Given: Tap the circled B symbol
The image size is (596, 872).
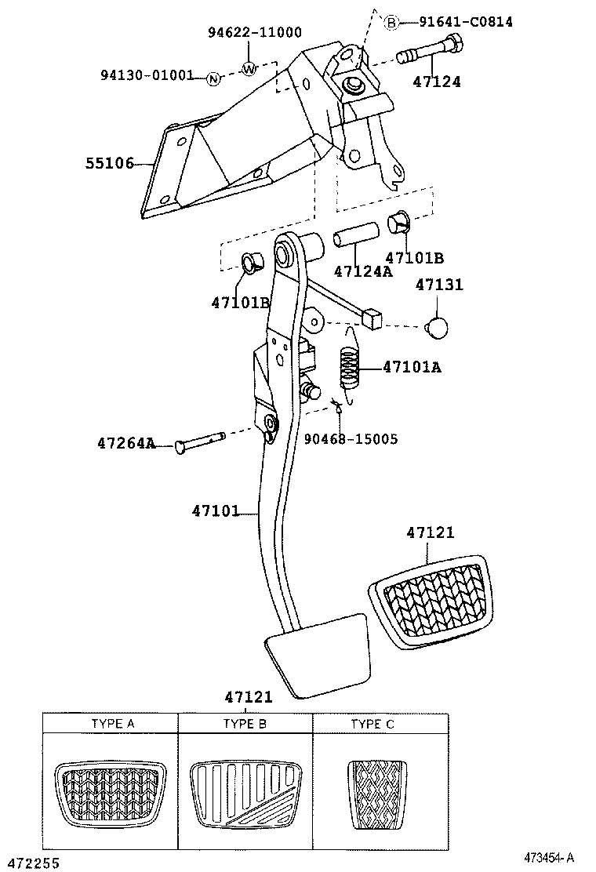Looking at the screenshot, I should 391,23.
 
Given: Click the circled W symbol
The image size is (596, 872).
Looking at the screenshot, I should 249,68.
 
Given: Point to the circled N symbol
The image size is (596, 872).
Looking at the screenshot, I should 213,78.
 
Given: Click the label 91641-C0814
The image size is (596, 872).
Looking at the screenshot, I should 465,22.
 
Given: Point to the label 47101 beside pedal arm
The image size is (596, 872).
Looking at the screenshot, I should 215,511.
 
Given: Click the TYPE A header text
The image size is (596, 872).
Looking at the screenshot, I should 112,724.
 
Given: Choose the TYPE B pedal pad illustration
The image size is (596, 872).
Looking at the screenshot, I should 245,791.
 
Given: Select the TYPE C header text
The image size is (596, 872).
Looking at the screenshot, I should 372,724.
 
